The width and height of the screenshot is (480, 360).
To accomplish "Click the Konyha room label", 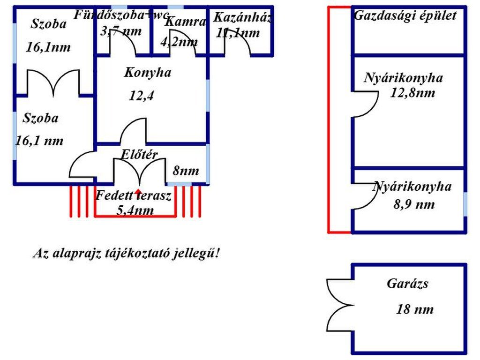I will [148, 73].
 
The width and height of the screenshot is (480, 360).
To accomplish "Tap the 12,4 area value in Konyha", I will [142, 96].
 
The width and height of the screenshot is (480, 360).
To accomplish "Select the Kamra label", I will [186, 22].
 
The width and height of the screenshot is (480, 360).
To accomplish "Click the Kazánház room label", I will [242, 18].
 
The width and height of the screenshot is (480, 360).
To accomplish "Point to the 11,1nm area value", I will [238, 33].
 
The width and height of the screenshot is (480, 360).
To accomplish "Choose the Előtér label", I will [139, 154].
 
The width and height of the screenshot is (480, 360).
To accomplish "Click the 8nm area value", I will [186, 171].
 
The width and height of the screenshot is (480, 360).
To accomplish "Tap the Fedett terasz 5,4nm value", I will [135, 210].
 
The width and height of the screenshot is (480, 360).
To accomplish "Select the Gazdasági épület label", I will [405, 15].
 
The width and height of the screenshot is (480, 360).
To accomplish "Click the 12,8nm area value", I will [412, 93].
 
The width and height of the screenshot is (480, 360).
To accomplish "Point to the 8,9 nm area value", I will [414, 204].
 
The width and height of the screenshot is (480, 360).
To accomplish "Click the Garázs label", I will [407, 284].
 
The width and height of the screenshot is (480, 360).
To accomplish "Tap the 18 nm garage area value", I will [415, 309].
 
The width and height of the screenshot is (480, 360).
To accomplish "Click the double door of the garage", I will [339, 305].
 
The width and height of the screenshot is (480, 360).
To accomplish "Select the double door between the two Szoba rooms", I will [53, 82].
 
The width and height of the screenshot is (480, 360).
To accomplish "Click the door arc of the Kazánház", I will [238, 45].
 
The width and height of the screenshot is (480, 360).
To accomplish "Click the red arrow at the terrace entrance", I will [138, 192].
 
